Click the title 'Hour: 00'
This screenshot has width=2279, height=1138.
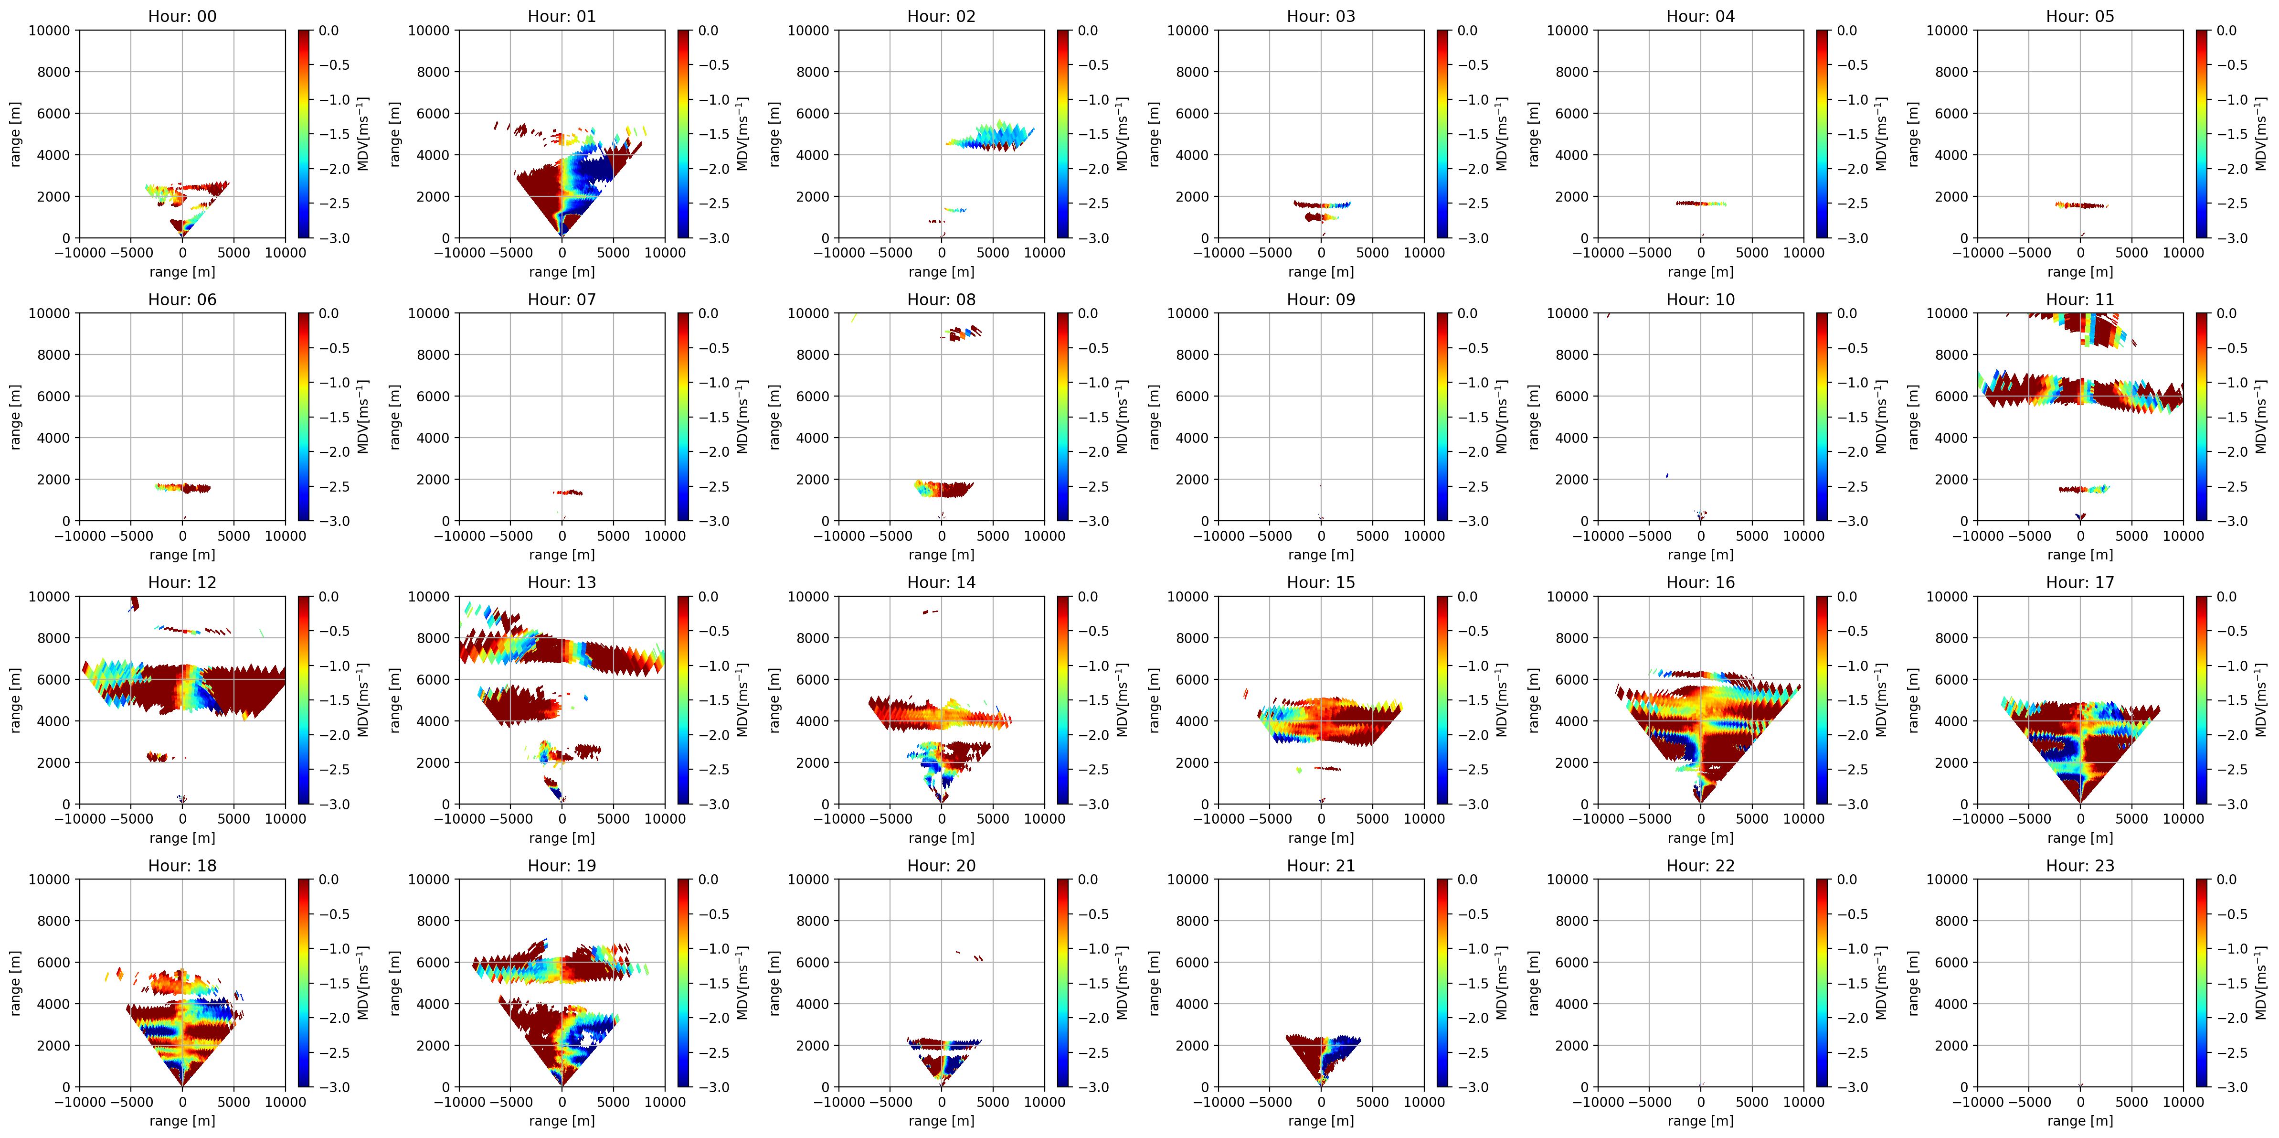pyautogui.click(x=182, y=16)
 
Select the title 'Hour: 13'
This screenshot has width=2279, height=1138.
pyautogui.click(x=562, y=582)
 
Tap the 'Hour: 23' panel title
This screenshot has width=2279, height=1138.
pyautogui.click(x=2080, y=866)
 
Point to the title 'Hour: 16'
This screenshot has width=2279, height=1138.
pyautogui.click(x=1700, y=582)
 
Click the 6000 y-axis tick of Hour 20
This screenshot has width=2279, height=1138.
pyautogui.click(x=812, y=962)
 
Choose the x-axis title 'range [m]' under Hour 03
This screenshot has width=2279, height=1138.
pyautogui.click(x=1321, y=272)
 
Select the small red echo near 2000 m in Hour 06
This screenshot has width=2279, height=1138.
pyautogui.click(x=183, y=488)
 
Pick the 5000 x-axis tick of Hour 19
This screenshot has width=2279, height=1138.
pyautogui.click(x=613, y=1102)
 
